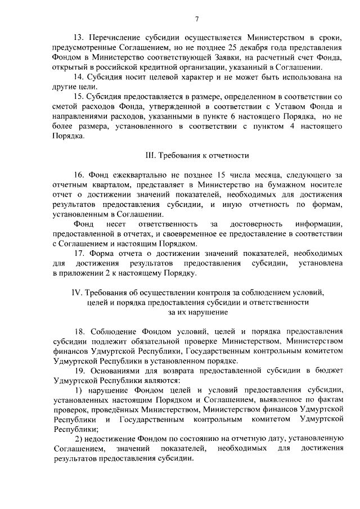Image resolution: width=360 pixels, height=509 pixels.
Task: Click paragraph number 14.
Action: click(x=79, y=77)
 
